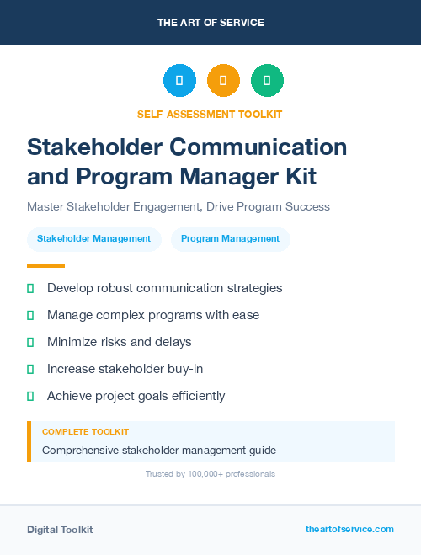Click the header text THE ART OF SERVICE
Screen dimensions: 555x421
coord(210,23)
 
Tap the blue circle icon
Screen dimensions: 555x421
coord(179,81)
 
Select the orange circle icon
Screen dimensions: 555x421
coord(223,81)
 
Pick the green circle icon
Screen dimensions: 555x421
coord(267,81)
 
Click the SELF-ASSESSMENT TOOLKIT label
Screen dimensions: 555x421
coord(210,114)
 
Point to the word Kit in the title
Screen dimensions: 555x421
coord(295,177)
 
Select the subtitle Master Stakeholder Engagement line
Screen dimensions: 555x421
coord(179,206)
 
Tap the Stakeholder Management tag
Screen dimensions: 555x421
coord(93,239)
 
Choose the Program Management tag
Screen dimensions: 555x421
coord(230,239)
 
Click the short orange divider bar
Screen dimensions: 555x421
coord(40,266)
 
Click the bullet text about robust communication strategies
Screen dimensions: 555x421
coord(164,288)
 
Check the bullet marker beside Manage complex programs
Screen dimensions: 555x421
coord(30,315)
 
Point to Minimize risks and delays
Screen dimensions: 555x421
coord(119,342)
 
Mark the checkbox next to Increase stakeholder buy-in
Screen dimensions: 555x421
coord(30,369)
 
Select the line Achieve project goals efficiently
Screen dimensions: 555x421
coord(136,396)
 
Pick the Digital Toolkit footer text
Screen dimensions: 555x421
coord(60,530)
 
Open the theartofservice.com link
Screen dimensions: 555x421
coord(349,530)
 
